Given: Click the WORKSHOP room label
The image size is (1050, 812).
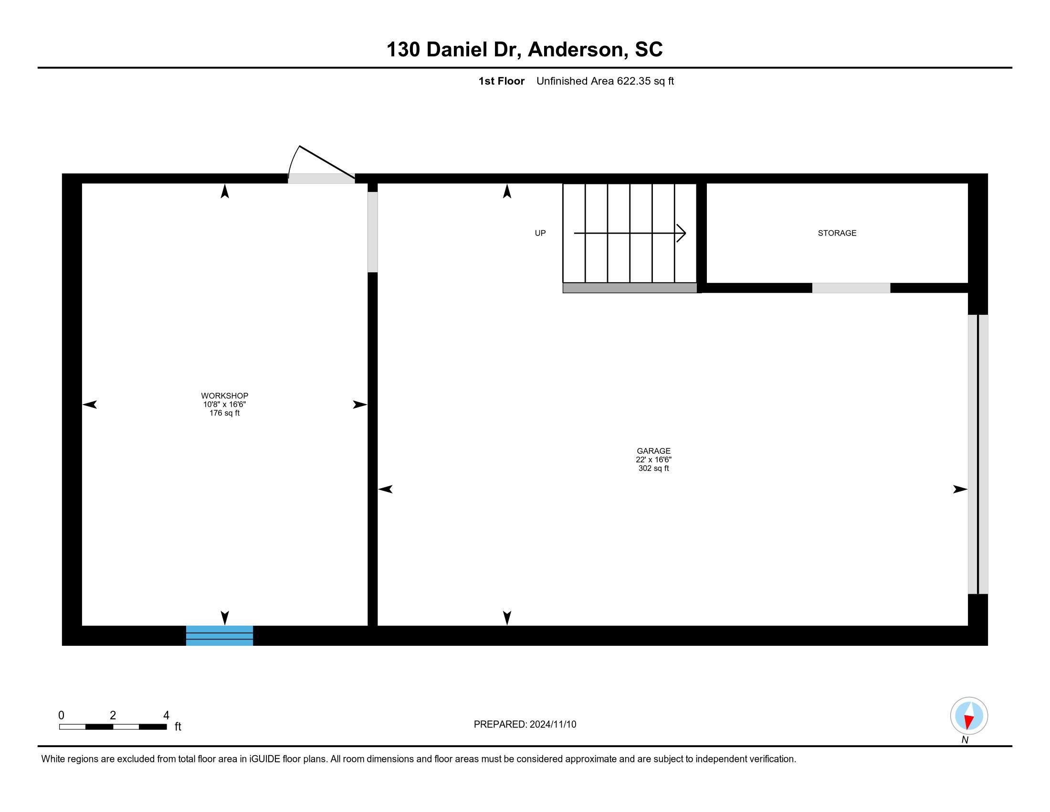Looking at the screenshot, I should coord(224,396).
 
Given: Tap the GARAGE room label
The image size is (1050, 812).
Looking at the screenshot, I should coord(653,451).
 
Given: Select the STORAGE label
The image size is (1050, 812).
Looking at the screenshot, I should coord(837,233).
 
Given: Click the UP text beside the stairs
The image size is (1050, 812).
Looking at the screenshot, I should coord(540,233).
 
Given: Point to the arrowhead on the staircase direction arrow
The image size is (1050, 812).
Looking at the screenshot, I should coord(682,233).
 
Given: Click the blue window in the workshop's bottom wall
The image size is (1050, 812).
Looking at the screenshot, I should coord(219,635).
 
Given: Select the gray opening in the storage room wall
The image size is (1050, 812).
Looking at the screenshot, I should coord(851,288).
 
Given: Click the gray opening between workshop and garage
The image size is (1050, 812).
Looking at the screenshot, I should coord(373,232).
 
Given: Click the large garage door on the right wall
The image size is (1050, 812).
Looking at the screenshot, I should coord(978,454).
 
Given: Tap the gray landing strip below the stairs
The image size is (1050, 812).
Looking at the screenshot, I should coord(630,288).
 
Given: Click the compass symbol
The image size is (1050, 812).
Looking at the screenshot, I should coord(969,716).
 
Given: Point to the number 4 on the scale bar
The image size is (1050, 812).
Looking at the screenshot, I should coord(166,716).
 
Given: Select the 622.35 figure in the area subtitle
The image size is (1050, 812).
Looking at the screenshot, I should coord(633,81).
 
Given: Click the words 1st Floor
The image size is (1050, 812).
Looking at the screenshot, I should coord(502,81).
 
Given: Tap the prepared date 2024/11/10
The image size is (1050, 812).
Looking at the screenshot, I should coord(552,725).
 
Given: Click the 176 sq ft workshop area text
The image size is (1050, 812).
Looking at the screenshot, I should coord(224,413).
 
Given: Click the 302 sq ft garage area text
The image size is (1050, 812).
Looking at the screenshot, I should coord(653,469).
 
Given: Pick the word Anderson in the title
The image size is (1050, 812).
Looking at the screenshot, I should coord(578,50).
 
